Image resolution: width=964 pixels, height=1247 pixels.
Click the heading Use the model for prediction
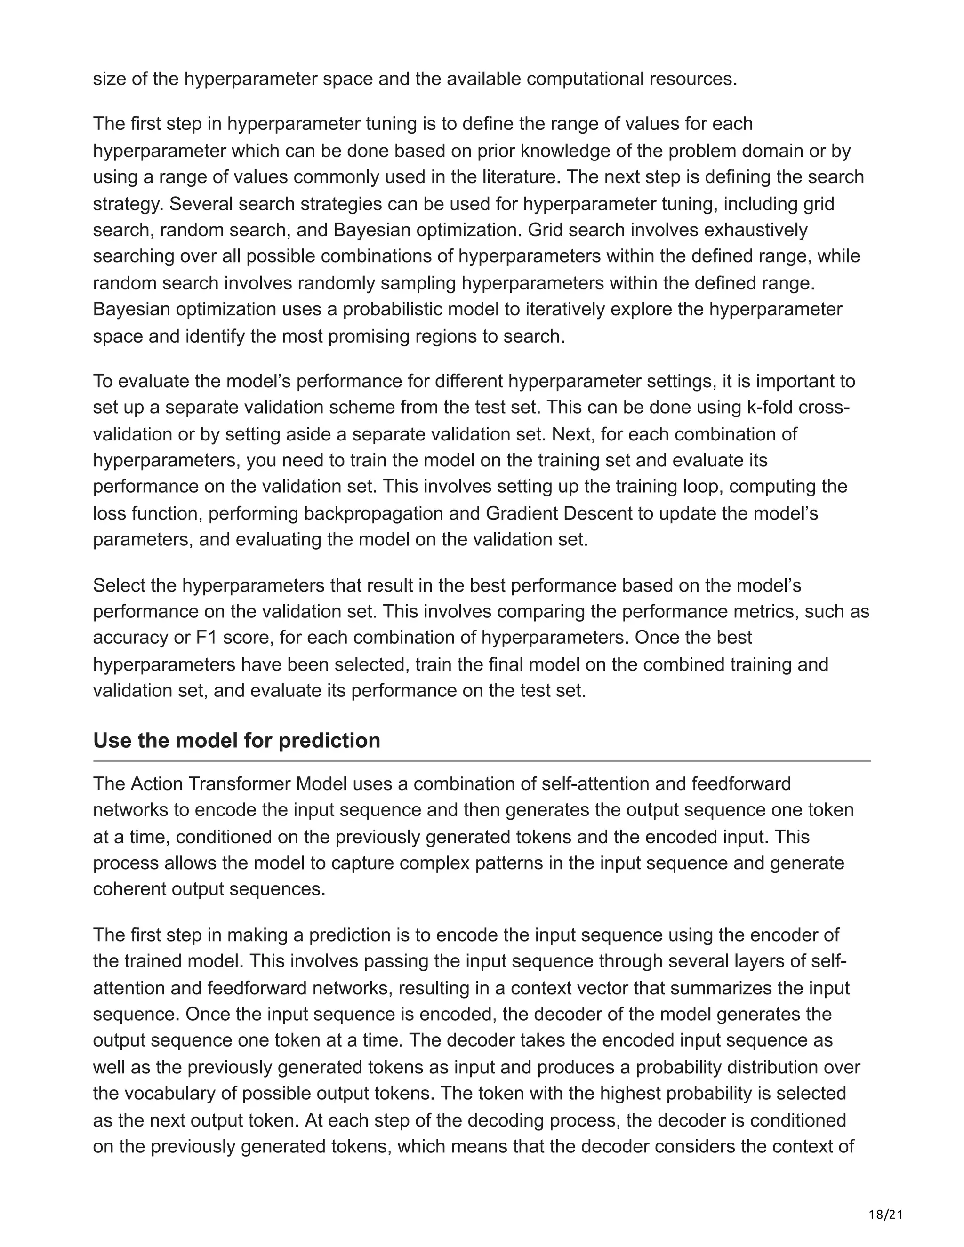236,740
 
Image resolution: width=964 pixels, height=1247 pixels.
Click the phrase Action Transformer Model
239,783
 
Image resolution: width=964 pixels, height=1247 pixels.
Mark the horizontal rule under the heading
482,761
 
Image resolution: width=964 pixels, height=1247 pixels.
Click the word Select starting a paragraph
120,585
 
